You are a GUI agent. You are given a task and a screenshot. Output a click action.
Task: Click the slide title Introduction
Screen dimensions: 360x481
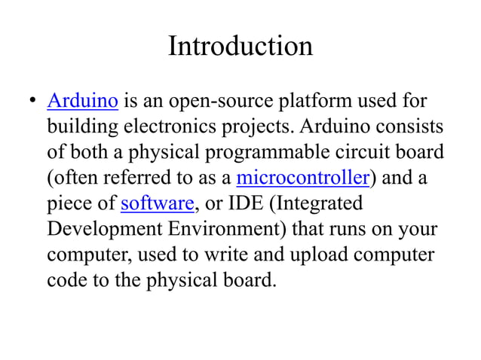(240, 47)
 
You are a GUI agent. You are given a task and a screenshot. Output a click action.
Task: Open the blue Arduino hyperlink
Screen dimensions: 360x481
(82, 99)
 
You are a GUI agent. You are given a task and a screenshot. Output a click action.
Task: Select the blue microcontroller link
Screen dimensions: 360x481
(302, 178)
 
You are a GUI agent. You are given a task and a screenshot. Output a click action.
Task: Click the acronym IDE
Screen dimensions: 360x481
(253, 203)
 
